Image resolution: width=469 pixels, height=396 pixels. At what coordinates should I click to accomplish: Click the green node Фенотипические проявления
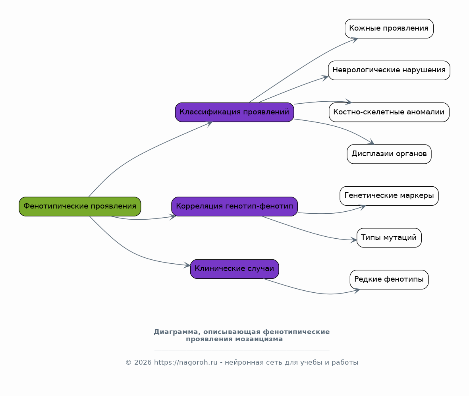tap(80, 207)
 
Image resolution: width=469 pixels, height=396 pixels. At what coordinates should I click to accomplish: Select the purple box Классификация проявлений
tap(234, 112)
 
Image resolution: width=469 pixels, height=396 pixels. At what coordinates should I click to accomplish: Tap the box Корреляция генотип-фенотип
tap(234, 207)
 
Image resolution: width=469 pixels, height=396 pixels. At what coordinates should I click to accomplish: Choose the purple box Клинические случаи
tap(234, 269)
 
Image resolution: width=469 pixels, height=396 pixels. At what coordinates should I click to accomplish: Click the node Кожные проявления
tap(389, 29)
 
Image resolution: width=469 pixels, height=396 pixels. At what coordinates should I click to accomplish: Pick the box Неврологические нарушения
tap(389, 70)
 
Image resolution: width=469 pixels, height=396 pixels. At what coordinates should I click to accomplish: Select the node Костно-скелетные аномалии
tap(389, 112)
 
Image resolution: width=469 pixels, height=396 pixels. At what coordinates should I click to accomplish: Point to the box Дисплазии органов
tap(389, 154)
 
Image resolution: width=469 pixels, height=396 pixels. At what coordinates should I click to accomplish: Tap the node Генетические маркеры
tap(389, 196)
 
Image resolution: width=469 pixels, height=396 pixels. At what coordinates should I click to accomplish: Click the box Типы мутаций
tap(389, 238)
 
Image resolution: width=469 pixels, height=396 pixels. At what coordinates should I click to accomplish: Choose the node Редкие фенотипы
tap(389, 280)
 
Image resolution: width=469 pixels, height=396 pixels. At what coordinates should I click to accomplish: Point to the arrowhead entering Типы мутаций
tap(354, 240)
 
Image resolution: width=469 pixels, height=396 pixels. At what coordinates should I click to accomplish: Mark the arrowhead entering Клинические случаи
tap(187, 265)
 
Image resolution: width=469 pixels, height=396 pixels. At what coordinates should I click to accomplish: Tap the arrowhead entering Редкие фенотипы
tap(357, 290)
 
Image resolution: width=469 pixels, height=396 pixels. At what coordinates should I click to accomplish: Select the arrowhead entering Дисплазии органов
tap(371, 142)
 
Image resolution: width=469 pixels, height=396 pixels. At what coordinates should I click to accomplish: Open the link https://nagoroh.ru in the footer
tap(186, 363)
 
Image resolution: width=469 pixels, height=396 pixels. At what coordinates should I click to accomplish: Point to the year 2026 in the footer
tap(143, 363)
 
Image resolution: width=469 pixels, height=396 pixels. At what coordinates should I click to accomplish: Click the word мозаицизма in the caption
tap(259, 339)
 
